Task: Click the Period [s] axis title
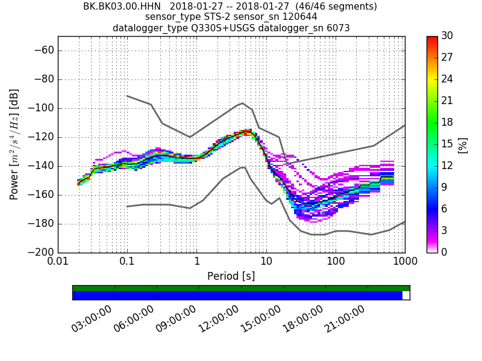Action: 231,276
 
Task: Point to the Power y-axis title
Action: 14,144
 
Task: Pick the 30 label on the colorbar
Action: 447,36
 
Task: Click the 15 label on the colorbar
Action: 447,144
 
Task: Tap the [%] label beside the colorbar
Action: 463,144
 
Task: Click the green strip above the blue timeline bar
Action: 241,288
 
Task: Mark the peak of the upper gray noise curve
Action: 242,103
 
